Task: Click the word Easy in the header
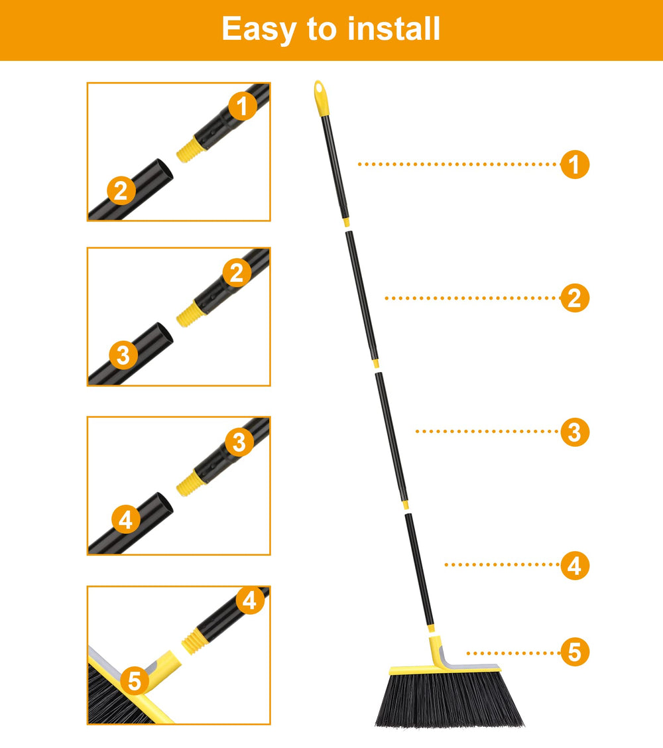coord(259,30)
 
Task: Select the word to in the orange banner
coord(322,30)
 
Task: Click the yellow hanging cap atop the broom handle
coord(322,98)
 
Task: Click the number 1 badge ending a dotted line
coord(575,164)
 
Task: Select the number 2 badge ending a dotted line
coord(575,298)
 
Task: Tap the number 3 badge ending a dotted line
coord(575,432)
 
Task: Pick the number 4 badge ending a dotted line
coord(575,565)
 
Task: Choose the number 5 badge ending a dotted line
coord(575,652)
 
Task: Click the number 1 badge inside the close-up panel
coord(242,106)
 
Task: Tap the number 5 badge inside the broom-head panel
coord(135,680)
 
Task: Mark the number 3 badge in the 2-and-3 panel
coord(123,355)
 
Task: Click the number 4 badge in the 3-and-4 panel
coord(126,519)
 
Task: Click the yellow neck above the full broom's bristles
coord(438,652)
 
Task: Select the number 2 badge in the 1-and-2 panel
coord(121,190)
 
